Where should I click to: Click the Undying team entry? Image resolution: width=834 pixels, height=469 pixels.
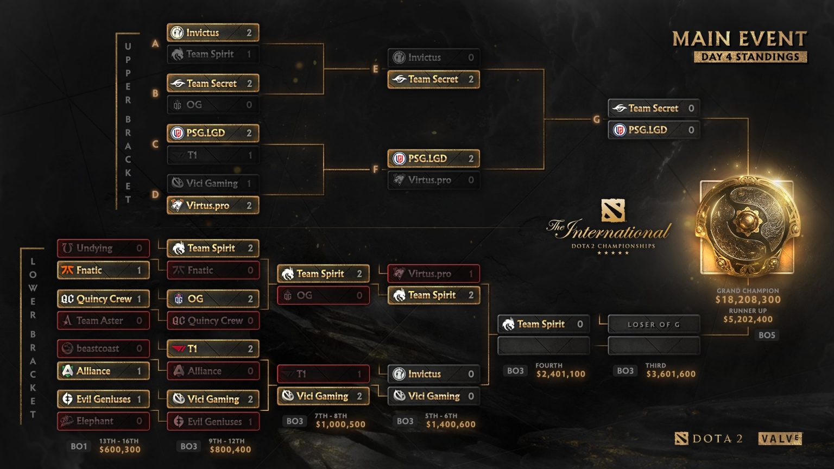103,248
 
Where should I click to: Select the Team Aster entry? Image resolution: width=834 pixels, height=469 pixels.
103,321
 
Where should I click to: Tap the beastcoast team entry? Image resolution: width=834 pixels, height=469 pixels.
103,348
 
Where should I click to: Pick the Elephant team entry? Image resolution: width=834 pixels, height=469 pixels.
103,421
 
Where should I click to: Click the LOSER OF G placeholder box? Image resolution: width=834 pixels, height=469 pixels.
654,325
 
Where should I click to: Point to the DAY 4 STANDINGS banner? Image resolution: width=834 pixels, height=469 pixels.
750,57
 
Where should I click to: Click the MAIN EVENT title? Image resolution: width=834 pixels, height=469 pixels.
740,39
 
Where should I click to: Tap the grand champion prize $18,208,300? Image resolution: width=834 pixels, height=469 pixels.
748,300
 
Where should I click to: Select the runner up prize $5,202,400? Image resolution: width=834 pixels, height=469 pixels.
748,320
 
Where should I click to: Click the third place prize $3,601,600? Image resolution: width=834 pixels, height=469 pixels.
671,374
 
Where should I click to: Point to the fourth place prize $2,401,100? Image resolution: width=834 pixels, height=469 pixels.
560,374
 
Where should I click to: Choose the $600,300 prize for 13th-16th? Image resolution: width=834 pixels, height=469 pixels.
119,449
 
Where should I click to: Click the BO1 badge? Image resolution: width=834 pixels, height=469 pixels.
79,446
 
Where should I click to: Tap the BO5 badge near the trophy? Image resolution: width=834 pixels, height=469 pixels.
767,335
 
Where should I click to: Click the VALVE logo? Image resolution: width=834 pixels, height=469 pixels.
780,439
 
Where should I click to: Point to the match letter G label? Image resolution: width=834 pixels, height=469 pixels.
597,119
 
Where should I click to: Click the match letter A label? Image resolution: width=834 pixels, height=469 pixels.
155,43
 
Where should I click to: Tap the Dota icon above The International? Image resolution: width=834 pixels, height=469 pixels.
613,211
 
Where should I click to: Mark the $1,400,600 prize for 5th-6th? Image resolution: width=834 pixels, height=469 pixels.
451,424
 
